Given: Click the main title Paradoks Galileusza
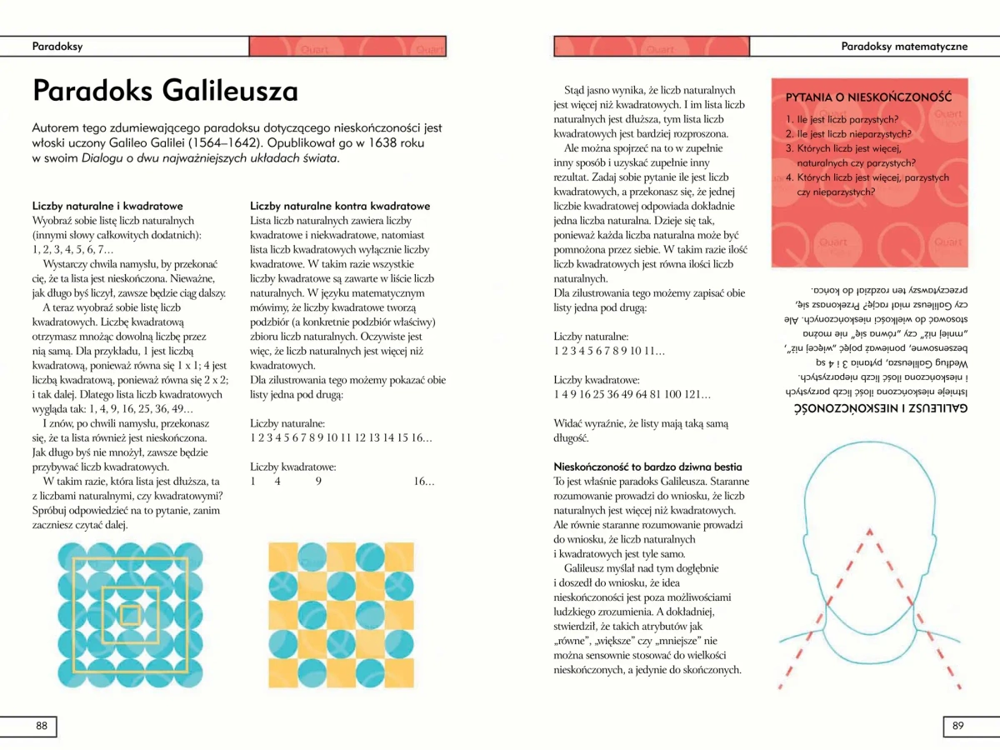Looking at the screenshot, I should (x=165, y=89).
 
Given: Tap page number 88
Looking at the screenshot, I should (x=41, y=726).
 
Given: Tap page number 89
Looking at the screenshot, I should (x=957, y=726).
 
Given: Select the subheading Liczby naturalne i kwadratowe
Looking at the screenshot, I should (x=107, y=206).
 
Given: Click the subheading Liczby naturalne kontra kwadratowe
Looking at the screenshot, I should (x=340, y=206).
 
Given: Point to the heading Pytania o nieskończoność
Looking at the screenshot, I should (x=868, y=97).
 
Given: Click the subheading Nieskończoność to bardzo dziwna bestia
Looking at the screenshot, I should (x=647, y=467).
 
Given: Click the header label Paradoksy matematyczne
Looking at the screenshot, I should (x=904, y=46).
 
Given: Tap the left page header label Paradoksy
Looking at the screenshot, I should (x=57, y=46).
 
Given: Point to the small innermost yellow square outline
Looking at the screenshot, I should (x=129, y=615).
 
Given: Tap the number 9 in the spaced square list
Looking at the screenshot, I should (x=318, y=482).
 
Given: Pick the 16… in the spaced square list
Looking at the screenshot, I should (x=423, y=482).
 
